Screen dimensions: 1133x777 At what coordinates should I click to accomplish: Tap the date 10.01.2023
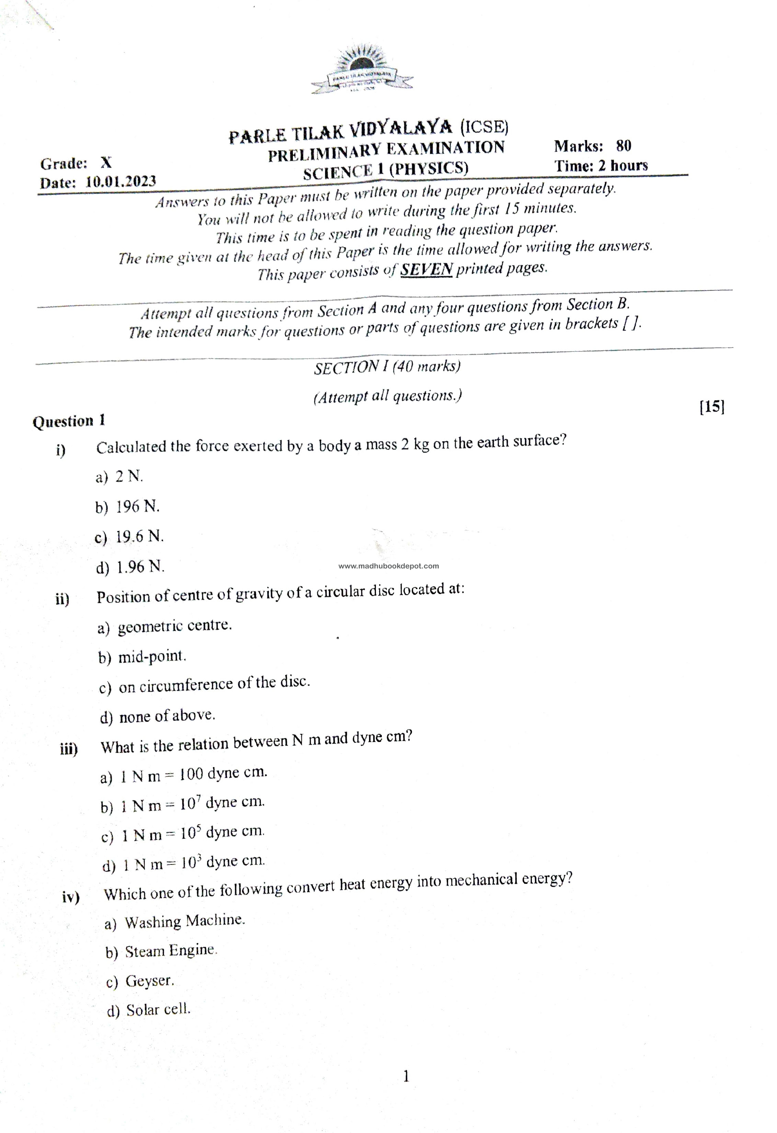point(121,182)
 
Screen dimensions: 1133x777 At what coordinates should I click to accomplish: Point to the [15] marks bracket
point(712,407)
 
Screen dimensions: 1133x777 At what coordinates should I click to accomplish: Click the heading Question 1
point(69,421)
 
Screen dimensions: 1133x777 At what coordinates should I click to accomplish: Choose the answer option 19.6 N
point(139,537)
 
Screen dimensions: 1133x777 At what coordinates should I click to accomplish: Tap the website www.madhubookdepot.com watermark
point(389,566)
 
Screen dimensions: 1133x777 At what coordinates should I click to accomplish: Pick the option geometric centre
point(174,626)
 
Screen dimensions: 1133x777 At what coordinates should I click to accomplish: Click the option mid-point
point(152,656)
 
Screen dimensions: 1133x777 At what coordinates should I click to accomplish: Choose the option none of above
point(167,716)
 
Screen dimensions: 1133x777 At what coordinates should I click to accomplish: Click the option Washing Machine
point(184,921)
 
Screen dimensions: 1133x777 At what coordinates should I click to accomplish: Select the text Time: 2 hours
point(601,166)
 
